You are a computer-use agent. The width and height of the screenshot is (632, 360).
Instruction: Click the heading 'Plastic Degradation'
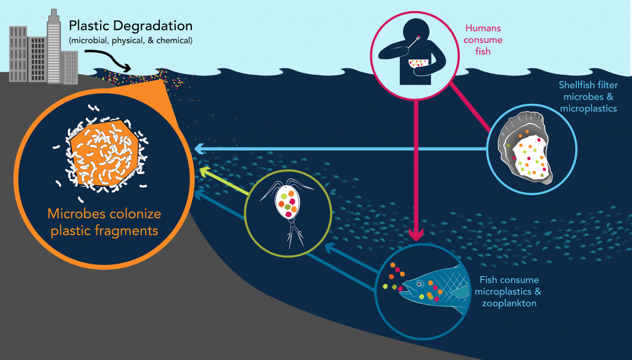point(130,27)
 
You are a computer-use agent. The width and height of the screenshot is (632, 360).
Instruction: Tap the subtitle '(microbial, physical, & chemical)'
point(130,41)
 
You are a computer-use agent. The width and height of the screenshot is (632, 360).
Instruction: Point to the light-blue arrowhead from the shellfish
point(199,149)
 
